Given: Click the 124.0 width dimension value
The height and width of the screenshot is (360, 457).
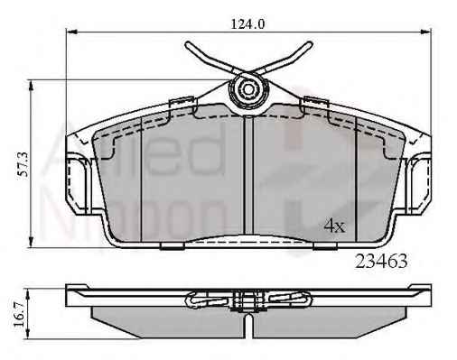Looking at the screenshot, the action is pos(247,23).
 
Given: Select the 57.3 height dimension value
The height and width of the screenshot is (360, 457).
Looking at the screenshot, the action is pos(23,164).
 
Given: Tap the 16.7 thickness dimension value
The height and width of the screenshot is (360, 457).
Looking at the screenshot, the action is pos(19,315).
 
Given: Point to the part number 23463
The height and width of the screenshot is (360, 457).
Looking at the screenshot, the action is pos(381,261).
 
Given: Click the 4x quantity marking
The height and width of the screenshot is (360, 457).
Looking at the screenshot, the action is pos(334,226).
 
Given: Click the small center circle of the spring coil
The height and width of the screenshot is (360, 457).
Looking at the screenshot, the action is pos(248,89).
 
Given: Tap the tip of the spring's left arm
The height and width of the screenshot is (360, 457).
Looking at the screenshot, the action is pos(188,45).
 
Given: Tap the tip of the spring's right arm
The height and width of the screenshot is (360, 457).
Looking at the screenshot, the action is pos(310,44).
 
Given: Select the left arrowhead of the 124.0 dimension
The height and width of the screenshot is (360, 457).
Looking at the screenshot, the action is pos(71,32).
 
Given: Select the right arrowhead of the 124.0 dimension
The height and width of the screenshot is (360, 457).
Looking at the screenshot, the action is pos(425,32).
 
